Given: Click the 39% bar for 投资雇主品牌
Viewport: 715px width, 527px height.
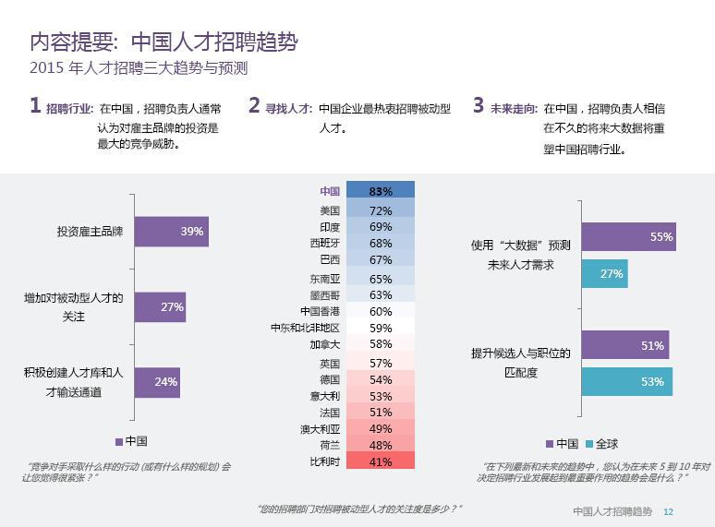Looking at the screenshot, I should click(x=171, y=232).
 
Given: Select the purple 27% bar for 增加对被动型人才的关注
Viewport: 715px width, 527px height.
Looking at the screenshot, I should click(x=160, y=307).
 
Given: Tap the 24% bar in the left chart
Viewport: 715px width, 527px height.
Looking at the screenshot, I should click(x=156, y=381).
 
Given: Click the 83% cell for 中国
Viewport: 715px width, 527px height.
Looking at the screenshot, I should click(x=381, y=191).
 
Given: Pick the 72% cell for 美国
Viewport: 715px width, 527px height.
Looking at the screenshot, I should click(x=381, y=210).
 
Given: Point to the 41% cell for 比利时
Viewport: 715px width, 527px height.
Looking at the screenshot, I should click(x=381, y=461).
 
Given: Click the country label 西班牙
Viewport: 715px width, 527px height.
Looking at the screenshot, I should click(x=324, y=243).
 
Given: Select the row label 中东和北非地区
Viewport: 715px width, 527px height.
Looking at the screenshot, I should click(x=305, y=328).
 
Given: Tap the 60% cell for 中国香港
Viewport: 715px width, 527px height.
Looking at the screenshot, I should click(x=381, y=311).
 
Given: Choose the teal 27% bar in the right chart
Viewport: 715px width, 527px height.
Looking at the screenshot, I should click(x=604, y=273).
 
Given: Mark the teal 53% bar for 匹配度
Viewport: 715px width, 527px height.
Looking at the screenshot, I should click(x=626, y=381).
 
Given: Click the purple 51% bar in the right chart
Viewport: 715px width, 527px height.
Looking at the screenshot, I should click(x=624, y=345).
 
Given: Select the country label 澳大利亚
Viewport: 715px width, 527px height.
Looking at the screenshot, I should click(x=320, y=429).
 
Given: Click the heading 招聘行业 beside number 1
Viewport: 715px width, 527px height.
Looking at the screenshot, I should click(x=69, y=108).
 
